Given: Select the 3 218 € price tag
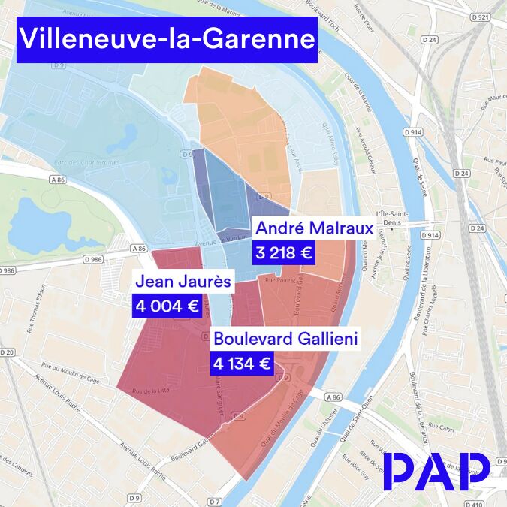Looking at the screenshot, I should pos(283,253).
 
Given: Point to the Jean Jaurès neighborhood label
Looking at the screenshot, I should pos(183,283).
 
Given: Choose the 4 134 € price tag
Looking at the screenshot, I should pos(242,364).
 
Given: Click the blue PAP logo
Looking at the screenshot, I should pos(436,472).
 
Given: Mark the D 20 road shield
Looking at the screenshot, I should pos(7,352).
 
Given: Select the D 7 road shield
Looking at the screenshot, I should pos(215,501).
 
